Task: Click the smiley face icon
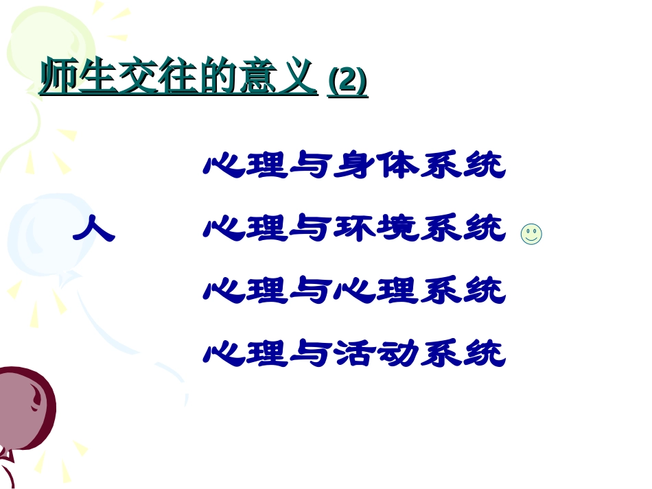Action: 531,234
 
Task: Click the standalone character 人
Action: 93,228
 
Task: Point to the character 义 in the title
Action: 298,77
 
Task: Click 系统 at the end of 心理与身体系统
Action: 463,166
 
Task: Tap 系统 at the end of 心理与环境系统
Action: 463,229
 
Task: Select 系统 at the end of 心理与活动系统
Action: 463,355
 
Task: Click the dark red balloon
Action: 24,409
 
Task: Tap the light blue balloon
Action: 41,237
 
